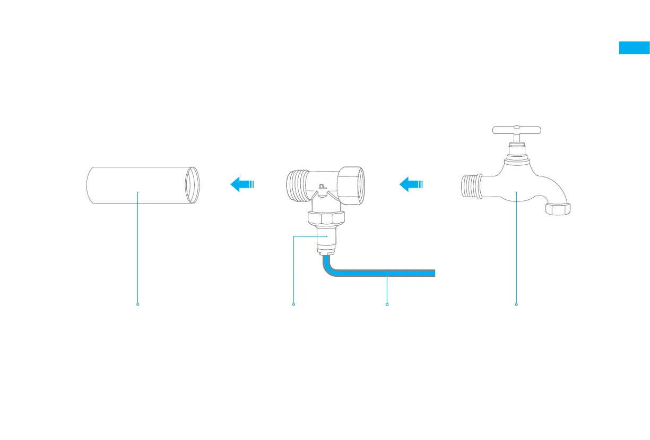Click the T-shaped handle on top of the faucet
pyautogui.click(x=516, y=130)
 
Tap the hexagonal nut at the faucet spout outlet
pyautogui.click(x=558, y=208)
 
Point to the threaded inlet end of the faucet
pyautogui.click(x=470, y=187)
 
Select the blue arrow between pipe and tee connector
pyautogui.click(x=242, y=184)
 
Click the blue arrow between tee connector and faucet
pyautogui.click(x=411, y=184)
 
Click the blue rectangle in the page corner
pyautogui.click(x=634, y=48)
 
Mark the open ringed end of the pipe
pyautogui.click(x=193, y=184)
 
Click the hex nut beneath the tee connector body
pyautogui.click(x=326, y=217)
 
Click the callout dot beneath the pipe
pyautogui.click(x=137, y=304)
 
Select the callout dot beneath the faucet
pyautogui.click(x=516, y=304)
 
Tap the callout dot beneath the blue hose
pyautogui.click(x=387, y=304)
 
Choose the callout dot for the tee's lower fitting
pyautogui.click(x=293, y=304)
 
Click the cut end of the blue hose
pyautogui.click(x=434, y=273)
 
